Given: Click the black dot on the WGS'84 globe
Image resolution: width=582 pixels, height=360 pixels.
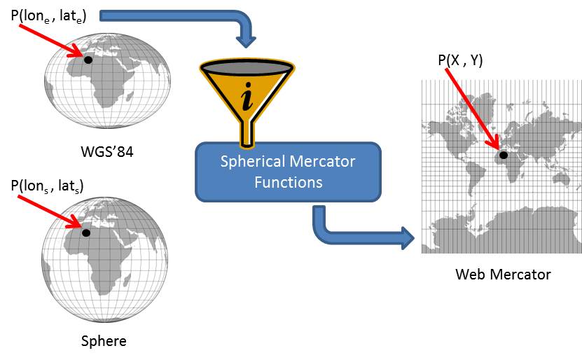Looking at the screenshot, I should coord(88,60).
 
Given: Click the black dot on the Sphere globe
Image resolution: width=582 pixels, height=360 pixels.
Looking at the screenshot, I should coord(86,233).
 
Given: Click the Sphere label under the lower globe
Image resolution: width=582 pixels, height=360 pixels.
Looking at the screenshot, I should coord(104,341).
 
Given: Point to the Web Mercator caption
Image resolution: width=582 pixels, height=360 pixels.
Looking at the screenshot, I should coord(503,274).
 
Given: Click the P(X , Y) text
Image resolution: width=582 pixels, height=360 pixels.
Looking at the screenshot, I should coord(460,61).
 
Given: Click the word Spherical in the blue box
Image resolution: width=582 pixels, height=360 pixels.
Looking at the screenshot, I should coord(252,162).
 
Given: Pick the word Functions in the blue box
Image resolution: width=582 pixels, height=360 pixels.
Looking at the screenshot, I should coord(288,182).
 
